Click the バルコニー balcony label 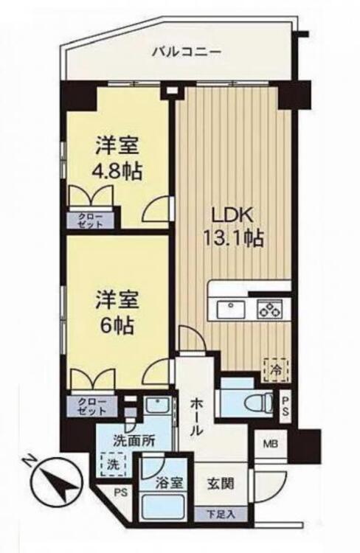pos(186,52)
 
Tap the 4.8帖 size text pos(117,172)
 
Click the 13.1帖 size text pos(232,239)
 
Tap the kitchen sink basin pos(231,310)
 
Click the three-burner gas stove pos(270,309)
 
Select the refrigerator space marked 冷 pos(276,369)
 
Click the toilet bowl pos(260,403)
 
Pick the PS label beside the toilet pos(285,406)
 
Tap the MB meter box pos(270,444)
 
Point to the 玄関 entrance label pos(220,484)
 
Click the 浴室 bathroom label pos(170,484)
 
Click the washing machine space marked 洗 pos(113,465)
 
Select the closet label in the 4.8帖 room pos(90,220)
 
